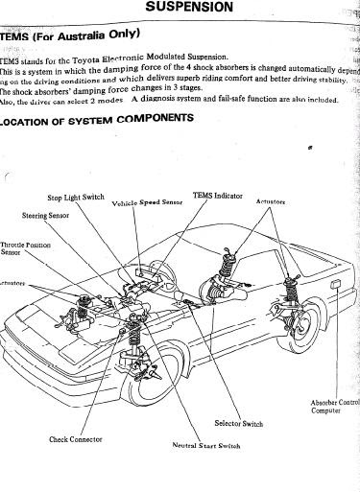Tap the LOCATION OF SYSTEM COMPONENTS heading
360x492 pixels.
click(96, 118)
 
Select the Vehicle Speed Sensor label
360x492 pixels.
click(147, 203)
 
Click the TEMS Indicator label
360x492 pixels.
click(217, 195)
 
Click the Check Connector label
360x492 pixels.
click(77, 439)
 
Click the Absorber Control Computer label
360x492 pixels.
click(335, 407)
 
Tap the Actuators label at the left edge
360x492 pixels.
click(12, 284)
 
